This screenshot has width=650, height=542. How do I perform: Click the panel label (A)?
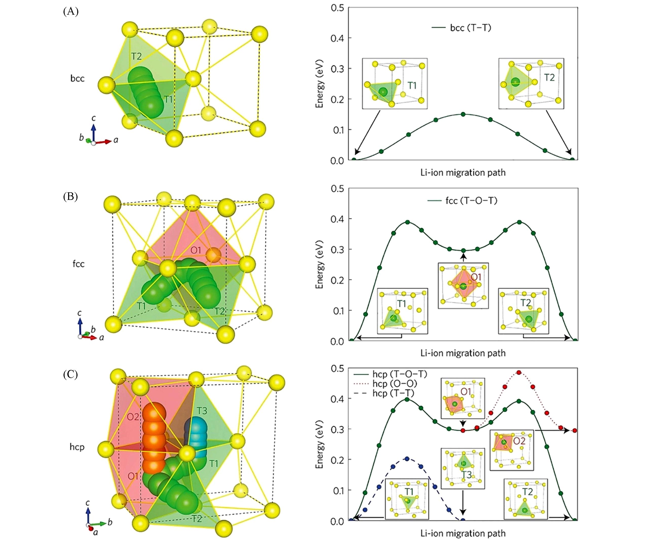(71, 12)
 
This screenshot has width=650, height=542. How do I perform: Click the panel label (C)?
(71, 375)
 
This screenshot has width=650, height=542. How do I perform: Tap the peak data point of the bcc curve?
(463, 114)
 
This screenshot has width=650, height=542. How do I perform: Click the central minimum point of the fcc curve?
(463, 250)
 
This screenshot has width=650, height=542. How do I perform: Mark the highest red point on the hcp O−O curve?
(519, 372)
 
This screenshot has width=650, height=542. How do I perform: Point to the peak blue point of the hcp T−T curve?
(407, 458)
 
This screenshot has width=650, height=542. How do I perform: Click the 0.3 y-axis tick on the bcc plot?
(337, 68)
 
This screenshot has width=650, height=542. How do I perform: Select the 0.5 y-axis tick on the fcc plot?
(337, 189)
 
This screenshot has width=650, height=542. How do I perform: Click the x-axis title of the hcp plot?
(463, 533)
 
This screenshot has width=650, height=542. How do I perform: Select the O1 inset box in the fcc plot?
(463, 285)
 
